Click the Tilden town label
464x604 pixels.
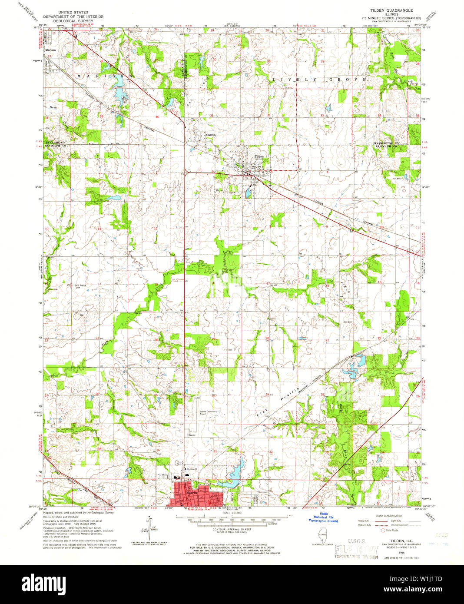259,156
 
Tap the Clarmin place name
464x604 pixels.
211,135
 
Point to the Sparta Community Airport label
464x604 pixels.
209,412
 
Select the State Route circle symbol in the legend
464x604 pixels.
383,530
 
